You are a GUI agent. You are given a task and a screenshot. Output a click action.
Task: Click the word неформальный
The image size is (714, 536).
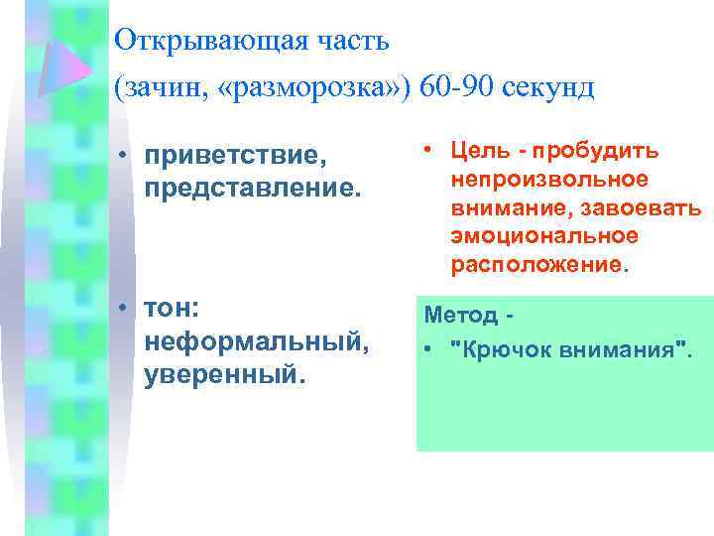click(x=256, y=343)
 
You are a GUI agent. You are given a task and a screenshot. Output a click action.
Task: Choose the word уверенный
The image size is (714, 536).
click(x=221, y=375)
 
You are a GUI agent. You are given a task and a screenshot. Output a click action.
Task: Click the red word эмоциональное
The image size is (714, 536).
click(x=543, y=237)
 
